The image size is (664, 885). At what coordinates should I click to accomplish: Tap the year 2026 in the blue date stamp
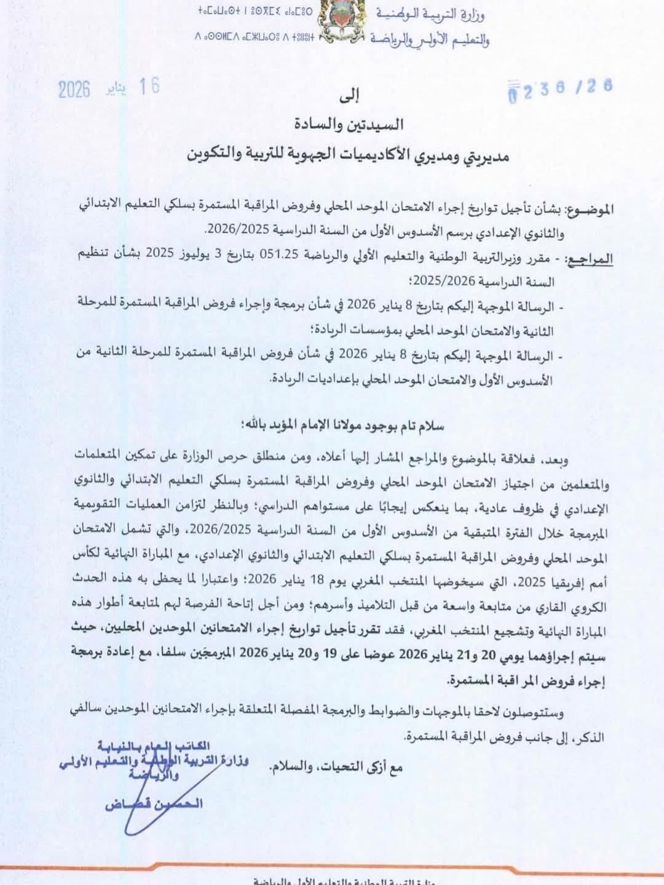(x=74, y=90)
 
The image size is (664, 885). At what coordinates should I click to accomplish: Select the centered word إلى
(x=349, y=95)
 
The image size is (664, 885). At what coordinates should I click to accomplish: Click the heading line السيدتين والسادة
(x=349, y=124)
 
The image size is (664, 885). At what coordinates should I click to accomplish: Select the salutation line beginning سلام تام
(x=344, y=425)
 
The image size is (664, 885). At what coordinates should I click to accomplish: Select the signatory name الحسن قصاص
(x=153, y=803)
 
